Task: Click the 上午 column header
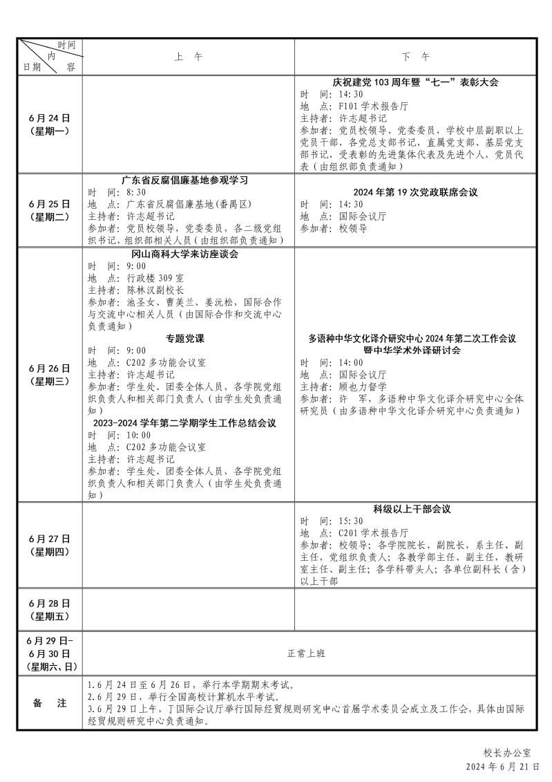pyautogui.click(x=189, y=57)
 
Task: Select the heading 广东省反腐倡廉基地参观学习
pyautogui.click(x=185, y=180)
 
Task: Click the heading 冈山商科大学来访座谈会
pyautogui.click(x=185, y=254)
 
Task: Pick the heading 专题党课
pyautogui.click(x=185, y=339)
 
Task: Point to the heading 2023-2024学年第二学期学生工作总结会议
pyautogui.click(x=185, y=423)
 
